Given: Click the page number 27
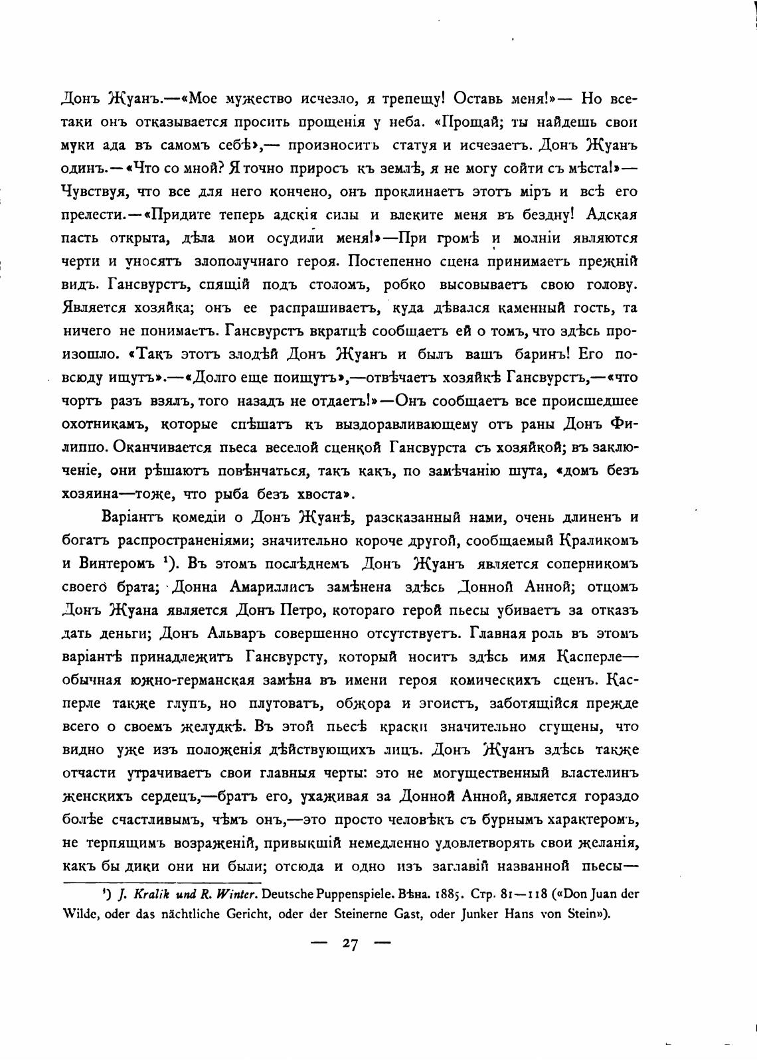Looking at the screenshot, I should point(351,945).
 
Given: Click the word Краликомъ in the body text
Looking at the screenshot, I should point(592,540).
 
